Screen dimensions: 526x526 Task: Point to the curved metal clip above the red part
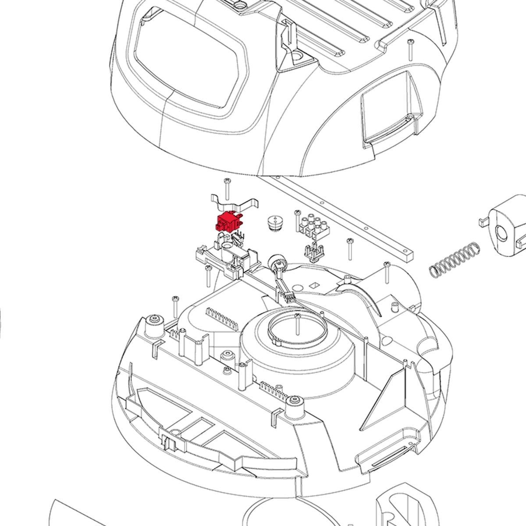234,203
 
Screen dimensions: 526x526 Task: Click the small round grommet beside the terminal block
274,223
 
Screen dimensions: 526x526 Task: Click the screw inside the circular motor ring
298,322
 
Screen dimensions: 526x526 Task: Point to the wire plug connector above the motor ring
288,297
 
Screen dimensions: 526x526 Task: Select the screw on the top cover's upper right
410,49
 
